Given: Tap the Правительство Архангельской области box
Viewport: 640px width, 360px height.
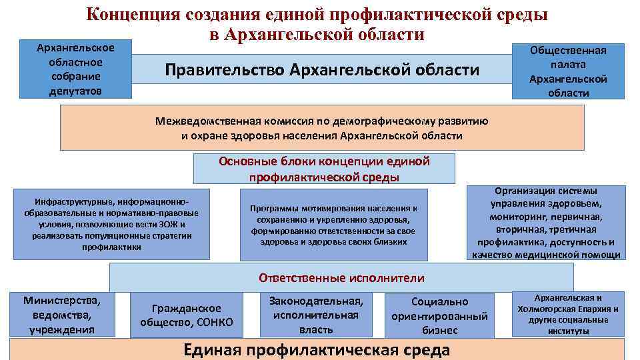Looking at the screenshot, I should [322, 69].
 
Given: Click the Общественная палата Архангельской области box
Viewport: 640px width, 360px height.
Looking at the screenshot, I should [568, 71].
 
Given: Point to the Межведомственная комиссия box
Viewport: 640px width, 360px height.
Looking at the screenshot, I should [322, 128].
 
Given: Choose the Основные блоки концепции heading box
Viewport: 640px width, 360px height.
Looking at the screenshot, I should [324, 169].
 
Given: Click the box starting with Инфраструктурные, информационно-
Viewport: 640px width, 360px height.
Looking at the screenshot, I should [111, 224].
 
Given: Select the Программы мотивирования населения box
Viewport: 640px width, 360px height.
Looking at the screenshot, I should [333, 225].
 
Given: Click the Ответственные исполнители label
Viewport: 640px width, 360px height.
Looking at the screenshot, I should [341, 277].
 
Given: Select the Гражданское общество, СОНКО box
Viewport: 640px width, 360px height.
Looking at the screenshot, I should [187, 315].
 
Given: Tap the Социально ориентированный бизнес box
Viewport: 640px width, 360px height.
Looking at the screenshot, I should [439, 315].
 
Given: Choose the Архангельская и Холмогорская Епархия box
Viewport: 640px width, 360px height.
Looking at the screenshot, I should [568, 313].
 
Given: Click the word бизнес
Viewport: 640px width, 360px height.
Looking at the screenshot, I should [439, 330].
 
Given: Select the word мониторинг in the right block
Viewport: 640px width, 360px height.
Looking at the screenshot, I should [517, 217].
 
